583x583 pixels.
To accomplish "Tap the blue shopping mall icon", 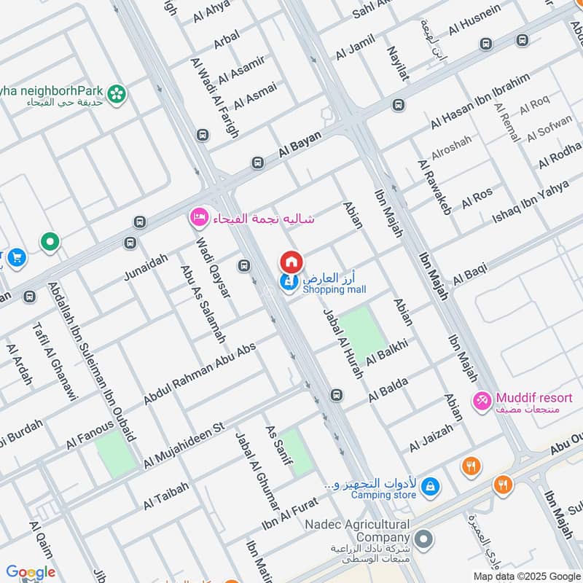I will (289, 283).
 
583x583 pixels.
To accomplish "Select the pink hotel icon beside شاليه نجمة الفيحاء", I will (198, 217).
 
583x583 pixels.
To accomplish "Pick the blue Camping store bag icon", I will (431, 485).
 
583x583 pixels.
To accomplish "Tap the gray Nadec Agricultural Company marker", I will (424, 540).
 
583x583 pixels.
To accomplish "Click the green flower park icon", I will (116, 94).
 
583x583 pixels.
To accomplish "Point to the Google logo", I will (31, 572).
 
